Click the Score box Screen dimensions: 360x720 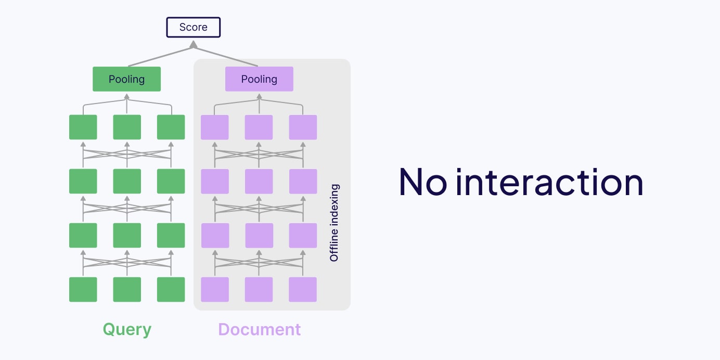click(193, 28)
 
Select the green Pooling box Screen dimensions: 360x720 click(126, 79)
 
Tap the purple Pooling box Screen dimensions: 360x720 click(259, 79)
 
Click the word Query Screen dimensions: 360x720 click(127, 329)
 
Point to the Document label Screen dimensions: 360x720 click(259, 329)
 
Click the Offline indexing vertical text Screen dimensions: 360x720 click(335, 223)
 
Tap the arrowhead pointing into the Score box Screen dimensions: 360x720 click(193, 45)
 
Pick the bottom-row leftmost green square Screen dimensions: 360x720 click(83, 289)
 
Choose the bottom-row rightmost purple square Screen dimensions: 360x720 click(303, 289)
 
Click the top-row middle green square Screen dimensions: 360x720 click(127, 127)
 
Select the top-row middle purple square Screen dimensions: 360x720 click(259, 127)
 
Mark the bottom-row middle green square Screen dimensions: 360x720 click(127, 289)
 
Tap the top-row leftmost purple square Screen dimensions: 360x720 click(215, 127)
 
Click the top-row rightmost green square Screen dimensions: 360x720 click(171, 127)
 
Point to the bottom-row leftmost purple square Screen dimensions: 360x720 click(215, 289)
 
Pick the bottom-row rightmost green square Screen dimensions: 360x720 click(171, 289)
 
